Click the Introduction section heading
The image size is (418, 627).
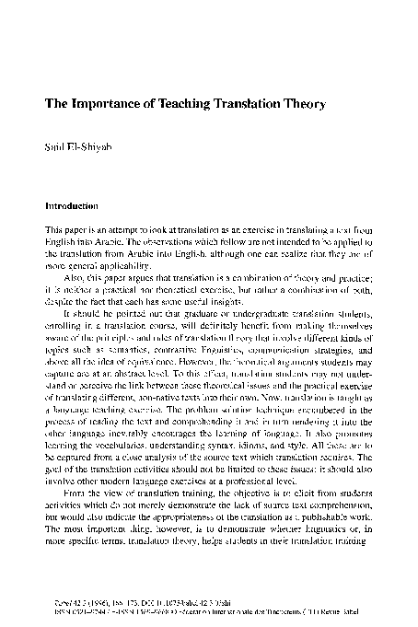pyautogui.click(x=72, y=207)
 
